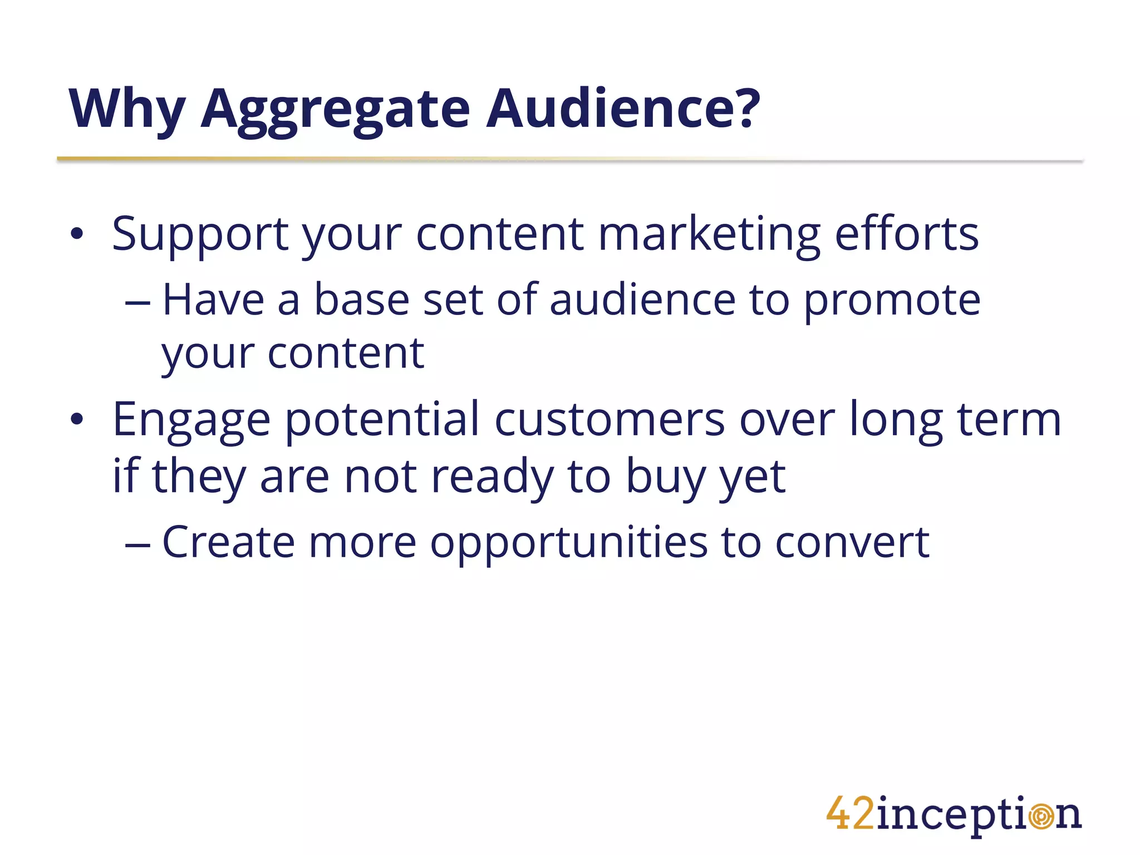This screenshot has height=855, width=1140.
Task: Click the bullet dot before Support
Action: point(77,234)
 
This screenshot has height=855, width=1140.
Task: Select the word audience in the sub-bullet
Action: point(642,301)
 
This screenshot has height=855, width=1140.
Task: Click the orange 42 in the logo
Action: point(850,813)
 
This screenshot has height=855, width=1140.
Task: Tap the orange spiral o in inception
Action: point(1040,817)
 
